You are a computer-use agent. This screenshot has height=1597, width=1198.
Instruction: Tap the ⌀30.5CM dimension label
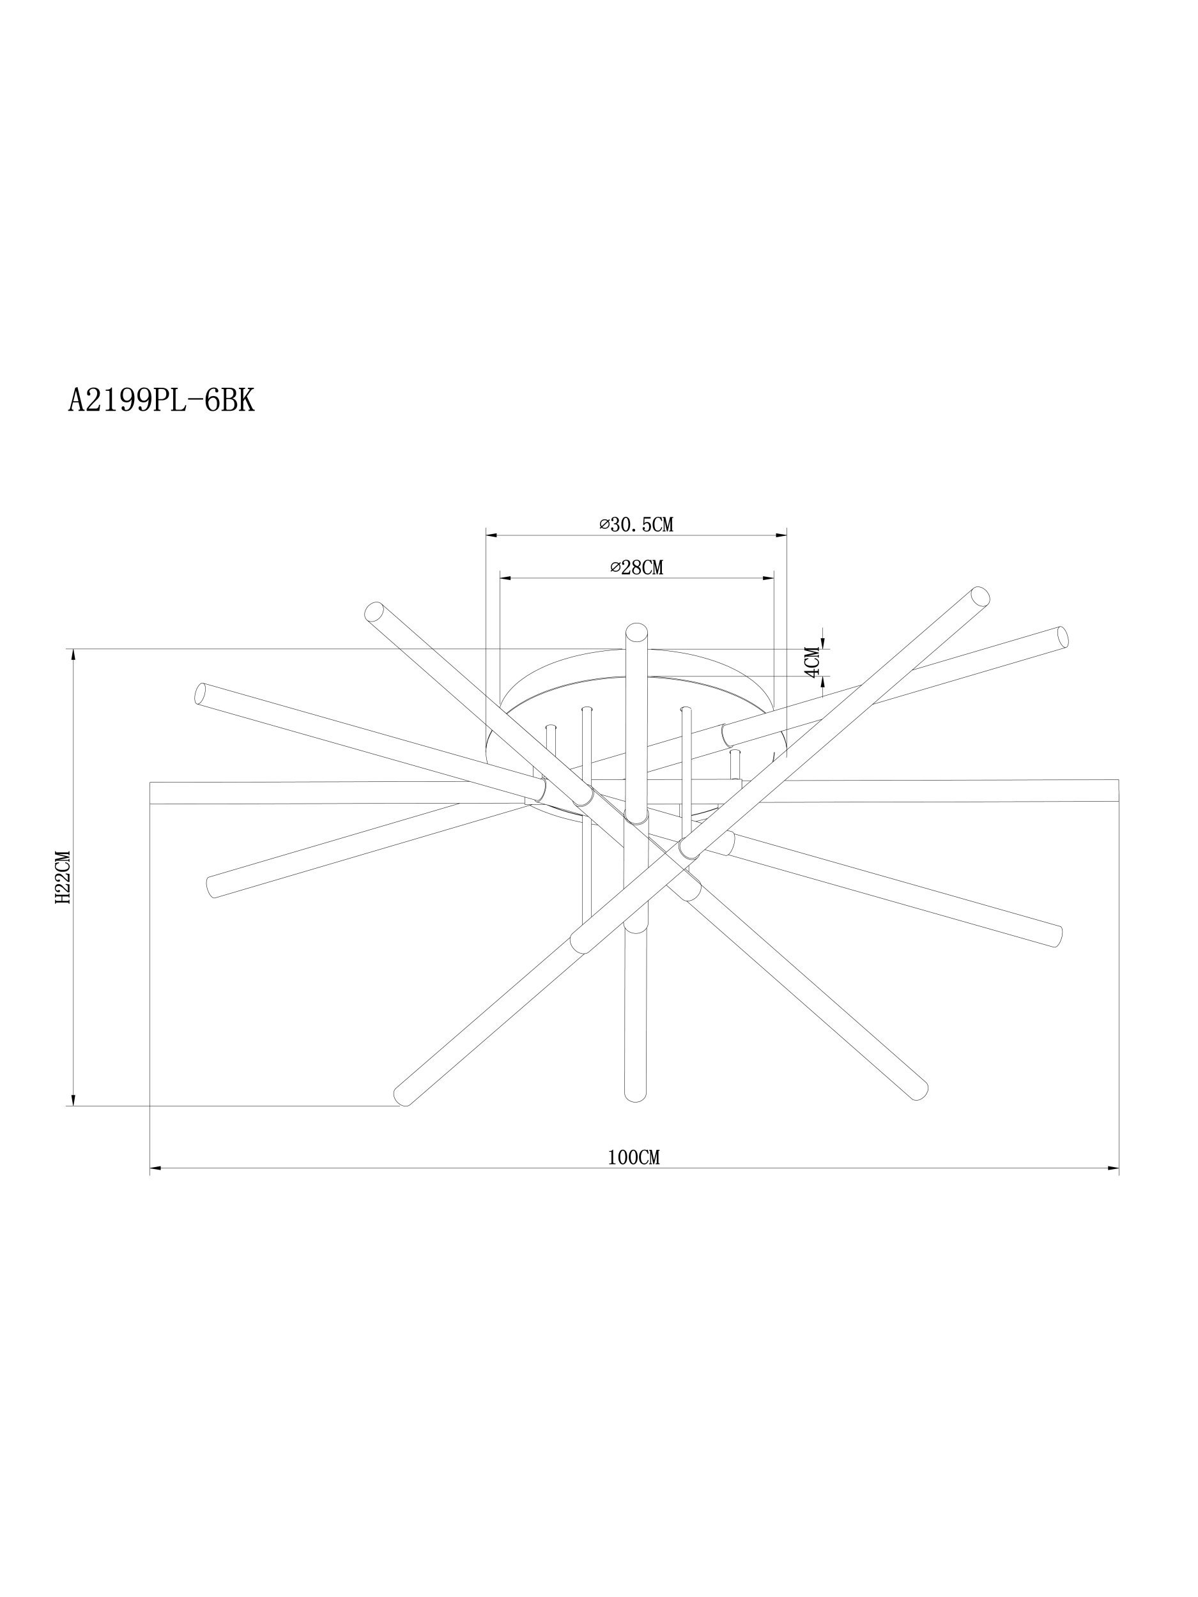636,525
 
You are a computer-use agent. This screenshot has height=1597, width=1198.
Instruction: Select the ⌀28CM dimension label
636,567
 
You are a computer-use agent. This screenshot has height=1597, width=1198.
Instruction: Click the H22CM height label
62,877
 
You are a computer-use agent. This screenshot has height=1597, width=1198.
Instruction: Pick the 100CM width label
634,1158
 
